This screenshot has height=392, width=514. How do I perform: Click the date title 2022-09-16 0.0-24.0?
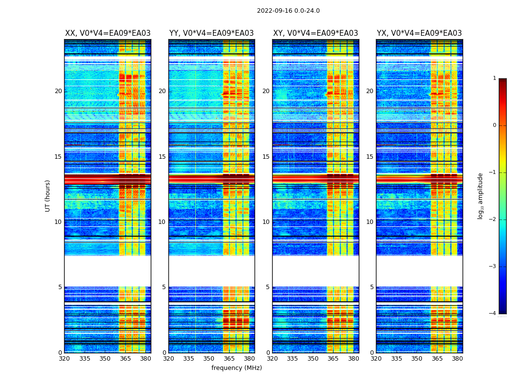(288, 11)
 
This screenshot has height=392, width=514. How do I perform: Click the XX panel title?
(108, 33)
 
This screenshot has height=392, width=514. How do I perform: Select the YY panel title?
(211, 33)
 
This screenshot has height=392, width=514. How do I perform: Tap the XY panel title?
(315, 33)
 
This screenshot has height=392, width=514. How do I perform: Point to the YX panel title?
(419, 33)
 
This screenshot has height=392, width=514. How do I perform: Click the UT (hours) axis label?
(47, 196)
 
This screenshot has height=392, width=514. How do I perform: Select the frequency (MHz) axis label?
(236, 368)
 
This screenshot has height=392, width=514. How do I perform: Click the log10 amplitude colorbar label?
(481, 196)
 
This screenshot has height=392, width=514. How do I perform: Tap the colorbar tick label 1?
(494, 78)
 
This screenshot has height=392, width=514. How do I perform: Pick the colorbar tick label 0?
(494, 125)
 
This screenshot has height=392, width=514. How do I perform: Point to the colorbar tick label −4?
(492, 314)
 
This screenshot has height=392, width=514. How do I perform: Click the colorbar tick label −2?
(492, 220)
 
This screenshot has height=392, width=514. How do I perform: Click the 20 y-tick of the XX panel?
(58, 91)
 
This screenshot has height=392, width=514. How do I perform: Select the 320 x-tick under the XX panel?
(64, 359)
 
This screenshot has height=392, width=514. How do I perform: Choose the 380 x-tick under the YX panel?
(457, 359)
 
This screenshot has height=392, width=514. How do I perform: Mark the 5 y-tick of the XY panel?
(267, 287)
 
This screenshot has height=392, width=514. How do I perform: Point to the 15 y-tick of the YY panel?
(162, 157)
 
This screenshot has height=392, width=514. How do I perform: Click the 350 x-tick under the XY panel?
(313, 359)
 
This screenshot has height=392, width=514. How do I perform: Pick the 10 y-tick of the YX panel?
(370, 222)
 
